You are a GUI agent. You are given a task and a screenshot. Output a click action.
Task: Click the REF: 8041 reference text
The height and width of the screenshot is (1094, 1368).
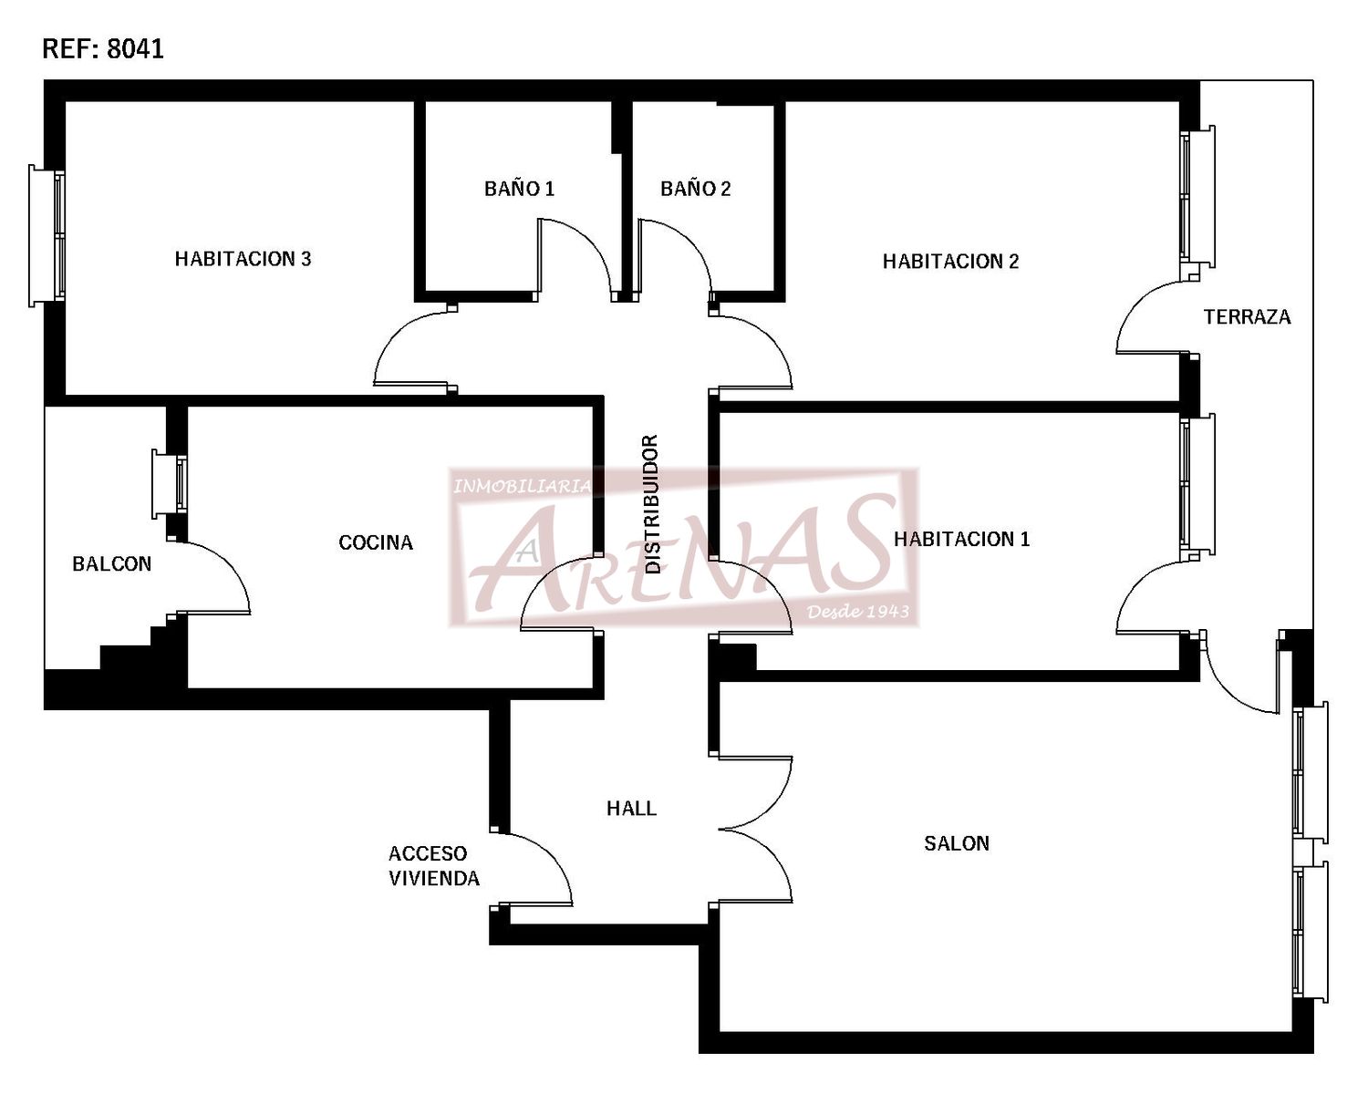(103, 49)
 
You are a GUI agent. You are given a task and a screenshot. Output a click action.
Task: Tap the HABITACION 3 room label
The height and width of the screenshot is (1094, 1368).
(244, 259)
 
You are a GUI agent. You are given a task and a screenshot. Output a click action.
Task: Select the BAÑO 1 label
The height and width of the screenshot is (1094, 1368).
(519, 189)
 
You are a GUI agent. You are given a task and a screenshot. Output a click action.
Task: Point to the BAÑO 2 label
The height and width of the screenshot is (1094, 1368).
(696, 189)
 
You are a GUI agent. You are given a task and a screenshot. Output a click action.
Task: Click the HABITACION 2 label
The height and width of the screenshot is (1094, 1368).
(951, 262)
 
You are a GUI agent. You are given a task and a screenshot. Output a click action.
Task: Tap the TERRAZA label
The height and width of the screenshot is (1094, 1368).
(1248, 317)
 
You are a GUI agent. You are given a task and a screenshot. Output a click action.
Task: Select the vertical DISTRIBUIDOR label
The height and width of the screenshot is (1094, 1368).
(652, 504)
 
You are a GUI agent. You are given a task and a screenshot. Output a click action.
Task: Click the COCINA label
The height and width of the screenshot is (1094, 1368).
(376, 542)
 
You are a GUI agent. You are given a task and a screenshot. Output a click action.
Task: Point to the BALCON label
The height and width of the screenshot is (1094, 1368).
(112, 564)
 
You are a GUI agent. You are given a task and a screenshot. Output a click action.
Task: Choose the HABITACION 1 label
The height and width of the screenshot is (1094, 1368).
(962, 540)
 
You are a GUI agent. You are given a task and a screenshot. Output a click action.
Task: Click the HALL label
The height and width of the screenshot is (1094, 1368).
(631, 809)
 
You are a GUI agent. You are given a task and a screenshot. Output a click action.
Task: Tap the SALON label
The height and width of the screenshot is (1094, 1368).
(957, 843)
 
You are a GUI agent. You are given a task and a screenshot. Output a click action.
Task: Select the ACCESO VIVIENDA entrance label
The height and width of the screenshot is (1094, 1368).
(434, 866)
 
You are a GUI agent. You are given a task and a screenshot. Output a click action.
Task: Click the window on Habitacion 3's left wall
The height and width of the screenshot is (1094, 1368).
(47, 236)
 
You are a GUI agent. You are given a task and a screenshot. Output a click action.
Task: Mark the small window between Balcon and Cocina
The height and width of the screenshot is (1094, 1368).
(169, 484)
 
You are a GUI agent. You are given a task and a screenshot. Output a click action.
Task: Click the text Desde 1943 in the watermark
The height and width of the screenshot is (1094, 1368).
(858, 612)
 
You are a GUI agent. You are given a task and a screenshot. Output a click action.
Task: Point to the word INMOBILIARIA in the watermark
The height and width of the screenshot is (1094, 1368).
(522, 487)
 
